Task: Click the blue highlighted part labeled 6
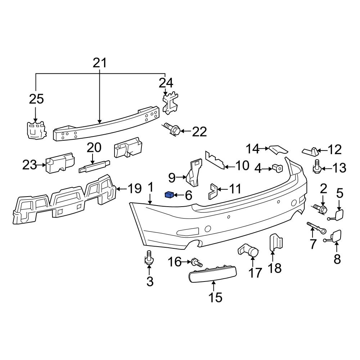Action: pos(169,195)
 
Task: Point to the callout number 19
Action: pos(135,188)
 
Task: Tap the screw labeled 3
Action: pos(150,259)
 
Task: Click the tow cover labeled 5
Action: pos(339,215)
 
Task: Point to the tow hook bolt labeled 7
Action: pos(315,228)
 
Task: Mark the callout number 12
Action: pos(335,149)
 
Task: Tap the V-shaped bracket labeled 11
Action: pos(213,192)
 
